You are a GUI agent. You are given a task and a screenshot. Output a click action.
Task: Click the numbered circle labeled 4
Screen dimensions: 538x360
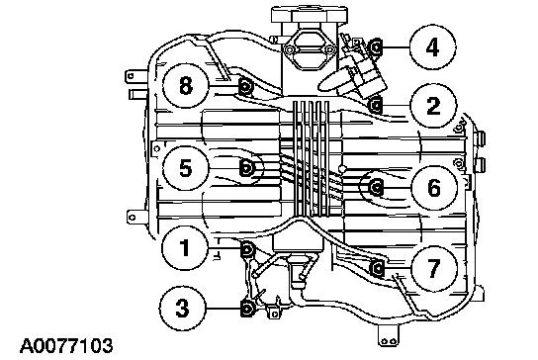coord(432,47)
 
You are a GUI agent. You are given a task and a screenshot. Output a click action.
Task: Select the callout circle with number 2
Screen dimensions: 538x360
coord(434,106)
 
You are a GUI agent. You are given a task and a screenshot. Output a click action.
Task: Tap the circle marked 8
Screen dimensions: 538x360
coord(186,85)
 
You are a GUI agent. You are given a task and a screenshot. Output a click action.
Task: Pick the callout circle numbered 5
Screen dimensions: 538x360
coord(186,168)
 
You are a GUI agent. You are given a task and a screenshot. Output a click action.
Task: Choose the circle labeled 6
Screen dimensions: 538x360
coord(434,188)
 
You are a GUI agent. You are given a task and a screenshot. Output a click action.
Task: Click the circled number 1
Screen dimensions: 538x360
coord(185,247)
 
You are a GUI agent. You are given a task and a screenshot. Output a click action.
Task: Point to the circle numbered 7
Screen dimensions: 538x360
coord(434,268)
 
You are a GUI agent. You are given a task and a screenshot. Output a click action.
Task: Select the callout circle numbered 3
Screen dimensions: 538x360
coord(183,308)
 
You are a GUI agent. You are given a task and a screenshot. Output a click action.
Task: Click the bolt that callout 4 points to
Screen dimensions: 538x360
coord(376,47)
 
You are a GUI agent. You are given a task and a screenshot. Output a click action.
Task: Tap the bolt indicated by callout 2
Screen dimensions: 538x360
coord(376,104)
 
